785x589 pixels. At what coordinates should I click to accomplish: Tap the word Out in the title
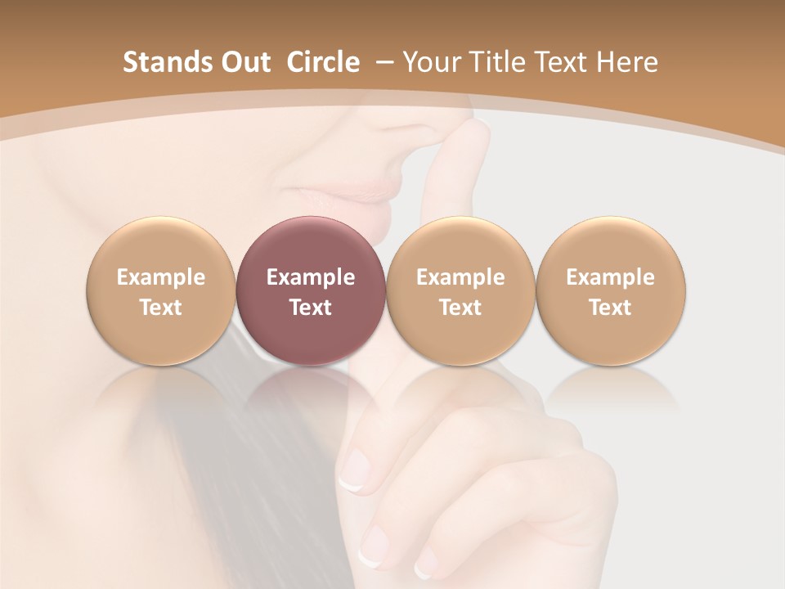point(243,62)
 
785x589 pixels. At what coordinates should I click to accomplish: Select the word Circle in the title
point(323,62)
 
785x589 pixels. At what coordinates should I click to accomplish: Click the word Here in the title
point(626,62)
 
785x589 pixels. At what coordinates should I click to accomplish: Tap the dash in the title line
point(381,63)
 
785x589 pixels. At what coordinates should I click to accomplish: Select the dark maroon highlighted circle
point(310,290)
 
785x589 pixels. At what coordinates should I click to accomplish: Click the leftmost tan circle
point(160,290)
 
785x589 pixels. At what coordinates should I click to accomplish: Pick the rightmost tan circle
point(610,290)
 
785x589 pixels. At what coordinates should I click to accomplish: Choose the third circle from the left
point(460,290)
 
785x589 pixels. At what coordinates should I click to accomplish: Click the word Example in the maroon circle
point(311,277)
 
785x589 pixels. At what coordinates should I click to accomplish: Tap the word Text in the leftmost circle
point(161,308)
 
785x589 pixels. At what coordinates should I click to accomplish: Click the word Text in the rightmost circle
point(610,308)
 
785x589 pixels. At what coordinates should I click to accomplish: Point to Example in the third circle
point(460,277)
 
